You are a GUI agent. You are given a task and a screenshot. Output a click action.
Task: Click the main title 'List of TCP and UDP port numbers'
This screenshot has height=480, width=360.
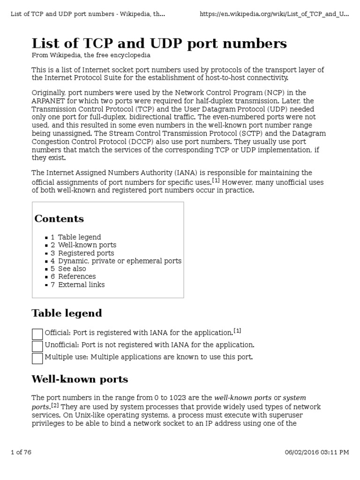tap(159, 44)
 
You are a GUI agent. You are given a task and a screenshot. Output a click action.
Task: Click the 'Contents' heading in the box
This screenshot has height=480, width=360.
tap(59, 219)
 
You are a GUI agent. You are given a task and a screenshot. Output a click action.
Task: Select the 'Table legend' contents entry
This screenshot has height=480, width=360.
tap(79, 237)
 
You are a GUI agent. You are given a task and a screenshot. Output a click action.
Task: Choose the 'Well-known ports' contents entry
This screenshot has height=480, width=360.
tap(87, 245)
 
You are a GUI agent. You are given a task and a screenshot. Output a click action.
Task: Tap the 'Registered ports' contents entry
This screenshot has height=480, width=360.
tap(86, 253)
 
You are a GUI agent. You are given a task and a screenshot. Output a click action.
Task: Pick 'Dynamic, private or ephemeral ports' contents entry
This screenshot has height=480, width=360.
tap(120, 261)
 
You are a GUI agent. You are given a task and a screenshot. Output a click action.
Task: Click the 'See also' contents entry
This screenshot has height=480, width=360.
tap(72, 269)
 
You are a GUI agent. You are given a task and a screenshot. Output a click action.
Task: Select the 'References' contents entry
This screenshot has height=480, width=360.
tap(77, 277)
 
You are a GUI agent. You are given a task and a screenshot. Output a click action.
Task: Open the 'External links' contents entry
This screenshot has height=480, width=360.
tap(81, 285)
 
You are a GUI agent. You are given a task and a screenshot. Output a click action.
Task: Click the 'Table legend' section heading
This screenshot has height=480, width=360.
tap(67, 313)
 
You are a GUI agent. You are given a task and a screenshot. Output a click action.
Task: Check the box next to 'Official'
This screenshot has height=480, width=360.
tap(37, 334)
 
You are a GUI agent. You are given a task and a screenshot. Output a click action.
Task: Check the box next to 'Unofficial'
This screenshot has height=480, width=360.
tap(37, 346)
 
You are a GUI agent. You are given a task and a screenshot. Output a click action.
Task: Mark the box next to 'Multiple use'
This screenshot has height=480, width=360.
tap(37, 359)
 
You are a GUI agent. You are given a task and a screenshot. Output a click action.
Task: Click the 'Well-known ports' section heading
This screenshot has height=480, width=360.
tap(80, 379)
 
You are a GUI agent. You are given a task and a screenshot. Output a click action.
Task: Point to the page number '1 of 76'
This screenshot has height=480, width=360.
tap(21, 452)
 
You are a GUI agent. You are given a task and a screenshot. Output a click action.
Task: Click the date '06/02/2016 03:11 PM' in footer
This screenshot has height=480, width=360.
tap(317, 452)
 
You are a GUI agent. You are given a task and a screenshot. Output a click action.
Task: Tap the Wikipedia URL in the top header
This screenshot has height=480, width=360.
tap(274, 14)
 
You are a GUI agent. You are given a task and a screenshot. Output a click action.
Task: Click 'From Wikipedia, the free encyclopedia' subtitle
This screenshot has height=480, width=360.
tap(91, 55)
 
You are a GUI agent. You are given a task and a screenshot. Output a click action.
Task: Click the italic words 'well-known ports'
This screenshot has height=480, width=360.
tap(243, 397)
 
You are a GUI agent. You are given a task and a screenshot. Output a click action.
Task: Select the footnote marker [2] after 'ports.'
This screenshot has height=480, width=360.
tap(54, 405)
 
